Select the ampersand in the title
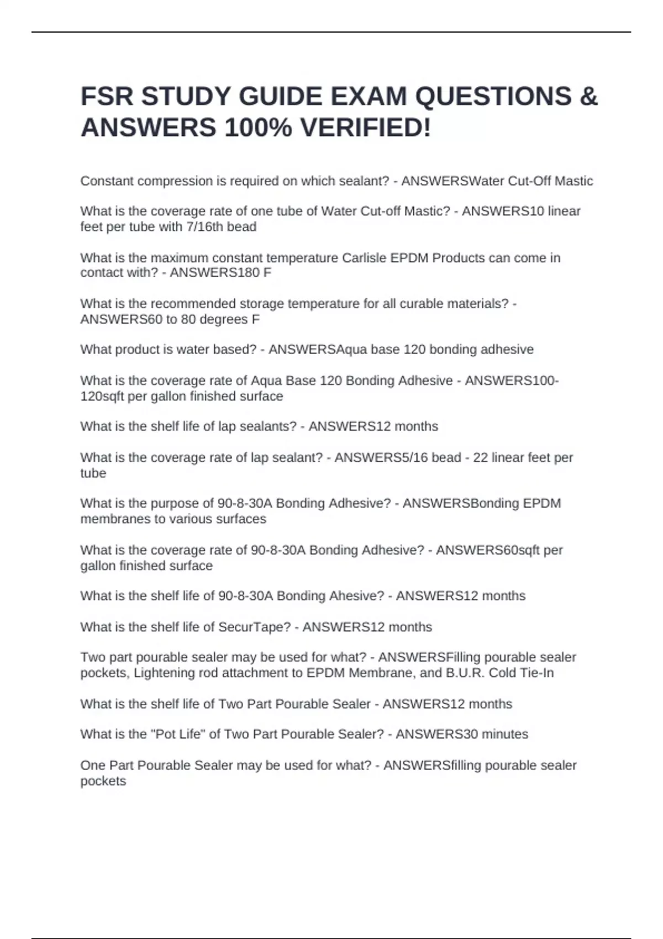point(590,97)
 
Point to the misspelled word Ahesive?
point(356,596)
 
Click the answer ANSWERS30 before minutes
point(437,735)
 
